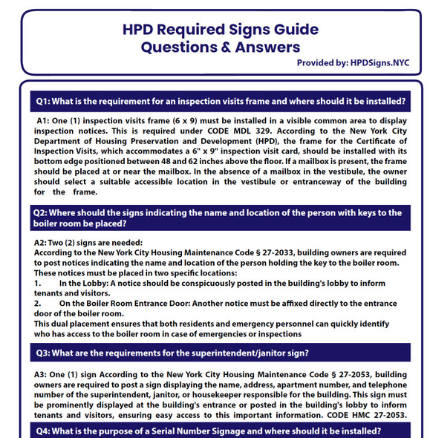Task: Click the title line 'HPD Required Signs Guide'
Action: [x=220, y=30]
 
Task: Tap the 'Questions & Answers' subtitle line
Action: [x=221, y=48]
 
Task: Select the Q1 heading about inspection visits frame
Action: [x=221, y=101]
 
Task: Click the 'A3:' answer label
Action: [x=43, y=375]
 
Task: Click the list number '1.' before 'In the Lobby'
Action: [x=38, y=283]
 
